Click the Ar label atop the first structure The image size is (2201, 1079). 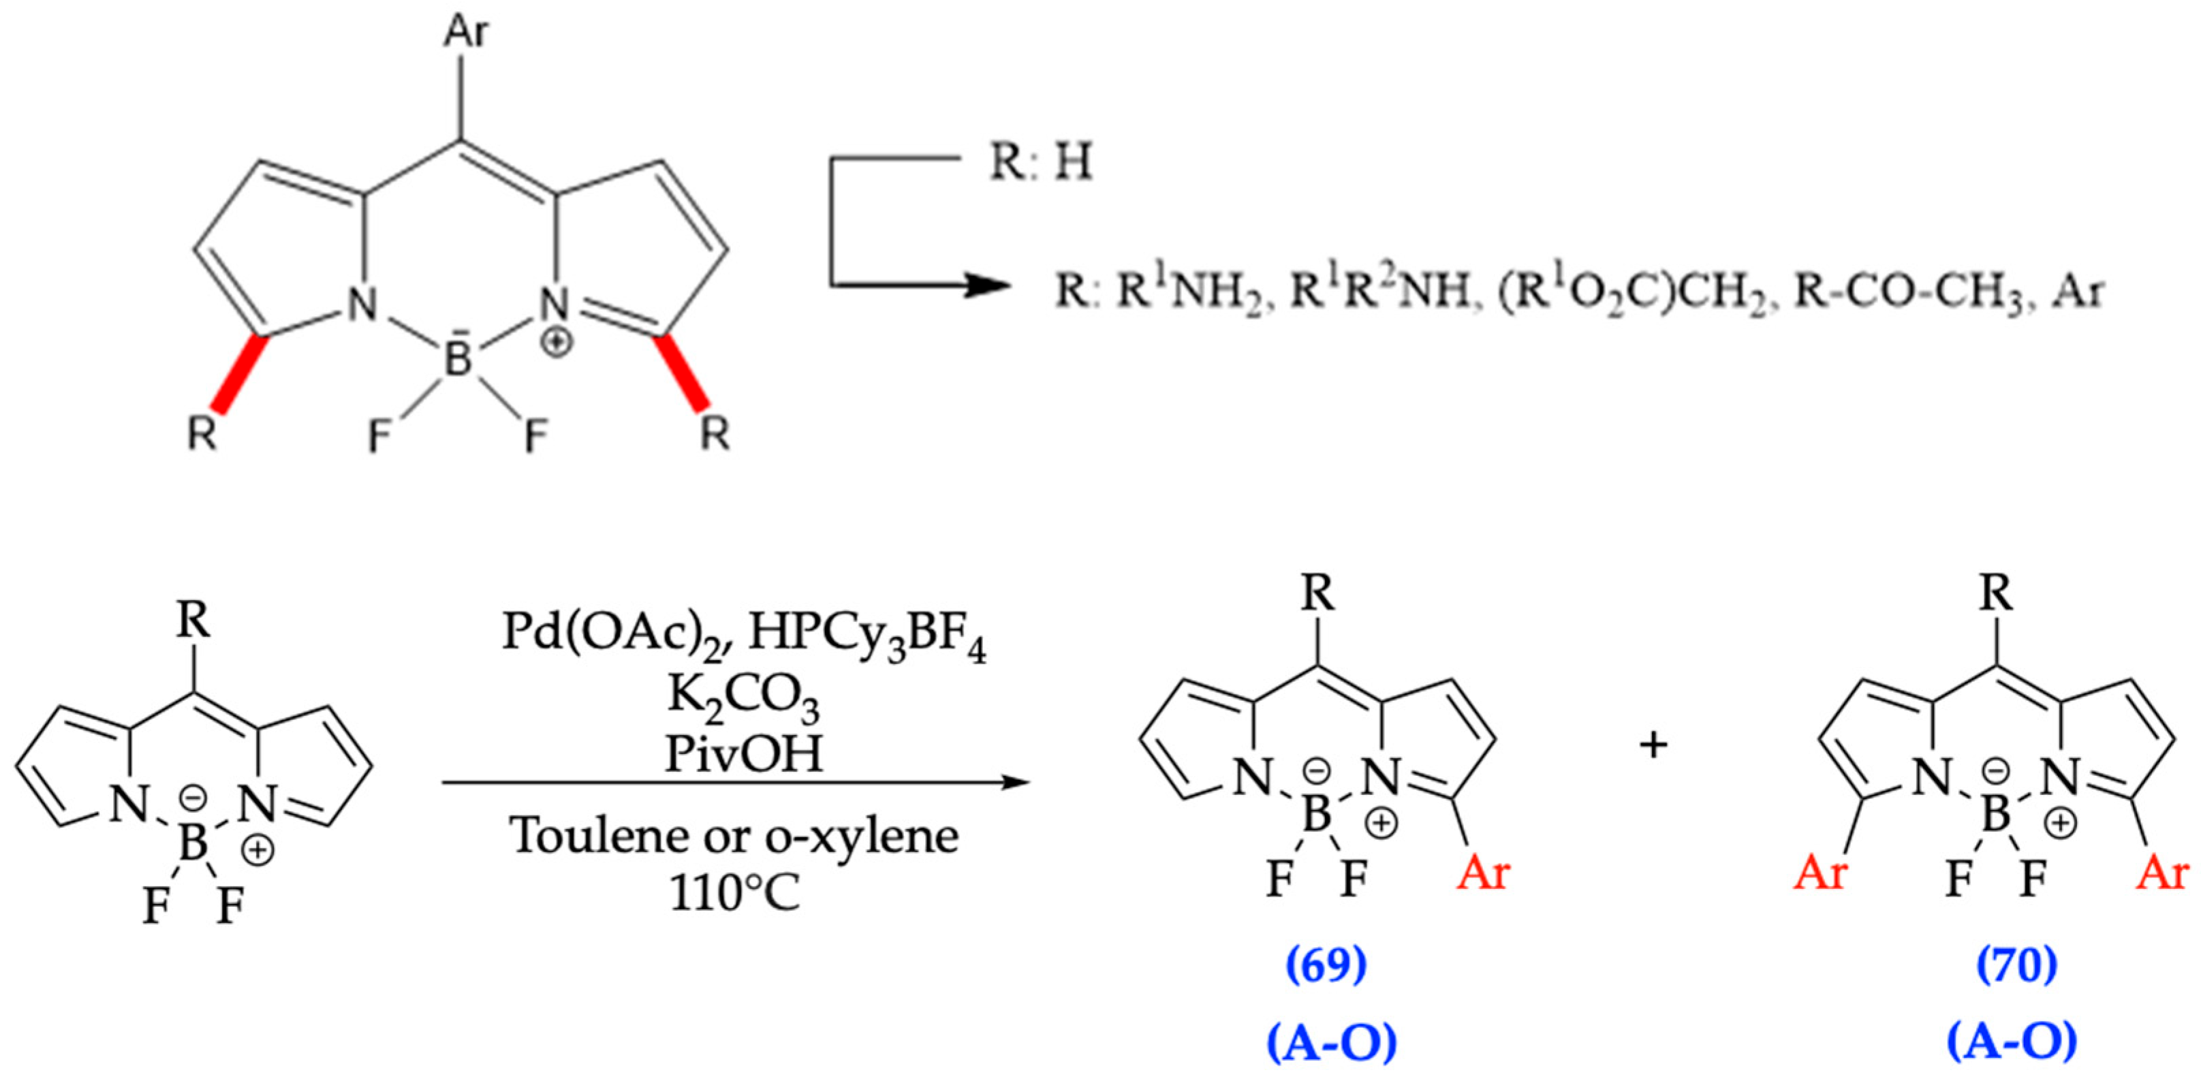click(466, 33)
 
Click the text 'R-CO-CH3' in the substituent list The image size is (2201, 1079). click(1908, 293)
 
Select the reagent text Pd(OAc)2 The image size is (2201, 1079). click(616, 633)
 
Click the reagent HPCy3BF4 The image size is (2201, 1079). click(868, 636)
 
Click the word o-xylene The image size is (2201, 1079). click(861, 834)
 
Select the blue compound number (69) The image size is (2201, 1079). click(1326, 965)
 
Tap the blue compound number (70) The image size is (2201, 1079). click(2016, 965)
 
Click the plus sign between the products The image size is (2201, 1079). click(1653, 745)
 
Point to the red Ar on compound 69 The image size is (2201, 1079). click(1483, 873)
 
